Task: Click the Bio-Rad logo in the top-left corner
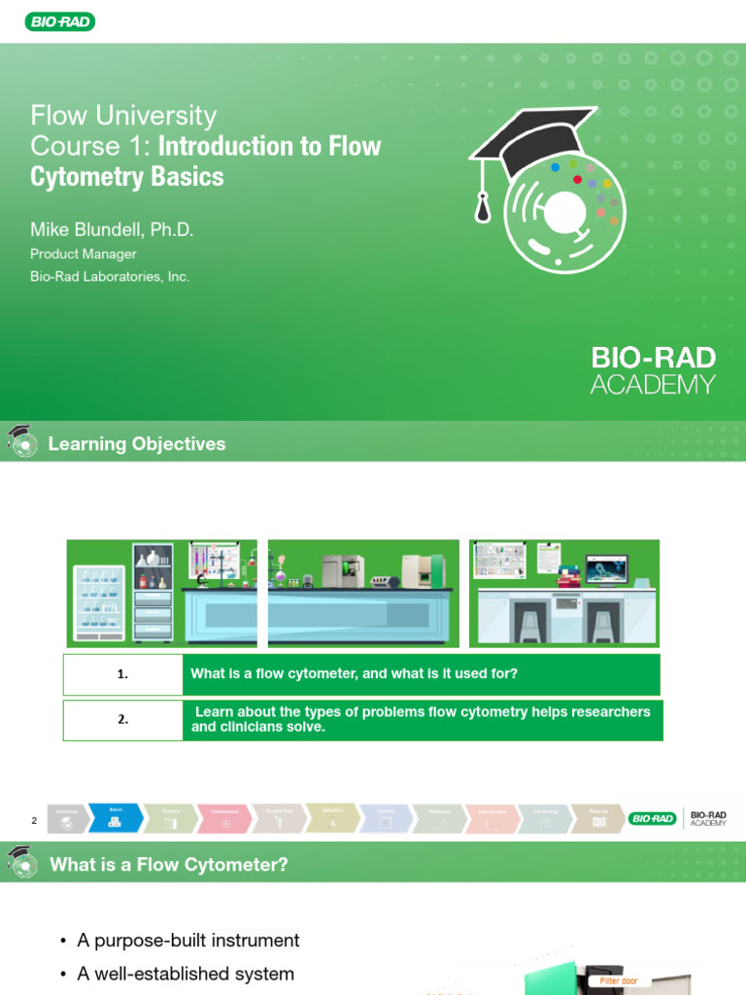coord(59,21)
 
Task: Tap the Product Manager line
coord(84,254)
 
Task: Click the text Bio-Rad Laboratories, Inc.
coord(110,277)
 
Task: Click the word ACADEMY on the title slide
coord(653,385)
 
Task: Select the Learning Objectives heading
coord(137,444)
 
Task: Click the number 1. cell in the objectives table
coord(122,674)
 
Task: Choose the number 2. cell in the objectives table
coord(122,720)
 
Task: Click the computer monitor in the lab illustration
coord(606,569)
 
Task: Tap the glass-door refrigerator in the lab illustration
coord(100,602)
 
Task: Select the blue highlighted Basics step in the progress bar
coord(115,817)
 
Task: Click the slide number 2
coord(34,821)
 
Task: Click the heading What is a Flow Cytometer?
coord(169,864)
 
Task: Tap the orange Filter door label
coord(618,981)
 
